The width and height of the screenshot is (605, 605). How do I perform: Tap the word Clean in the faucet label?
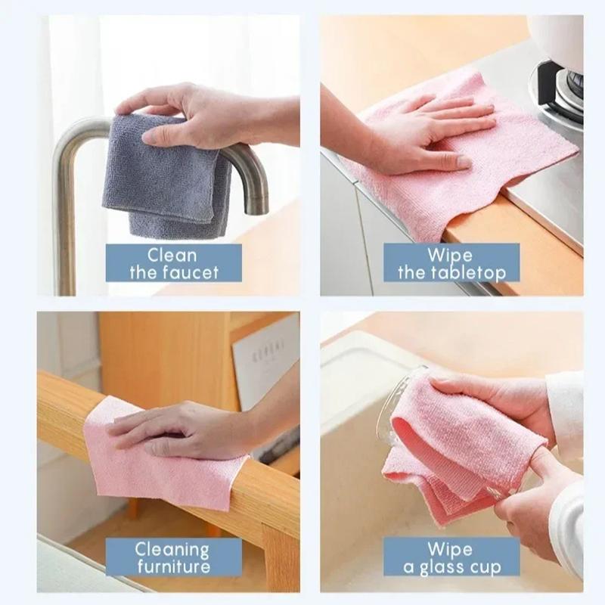click(172, 255)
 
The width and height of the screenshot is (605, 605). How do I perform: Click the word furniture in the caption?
click(172, 567)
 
